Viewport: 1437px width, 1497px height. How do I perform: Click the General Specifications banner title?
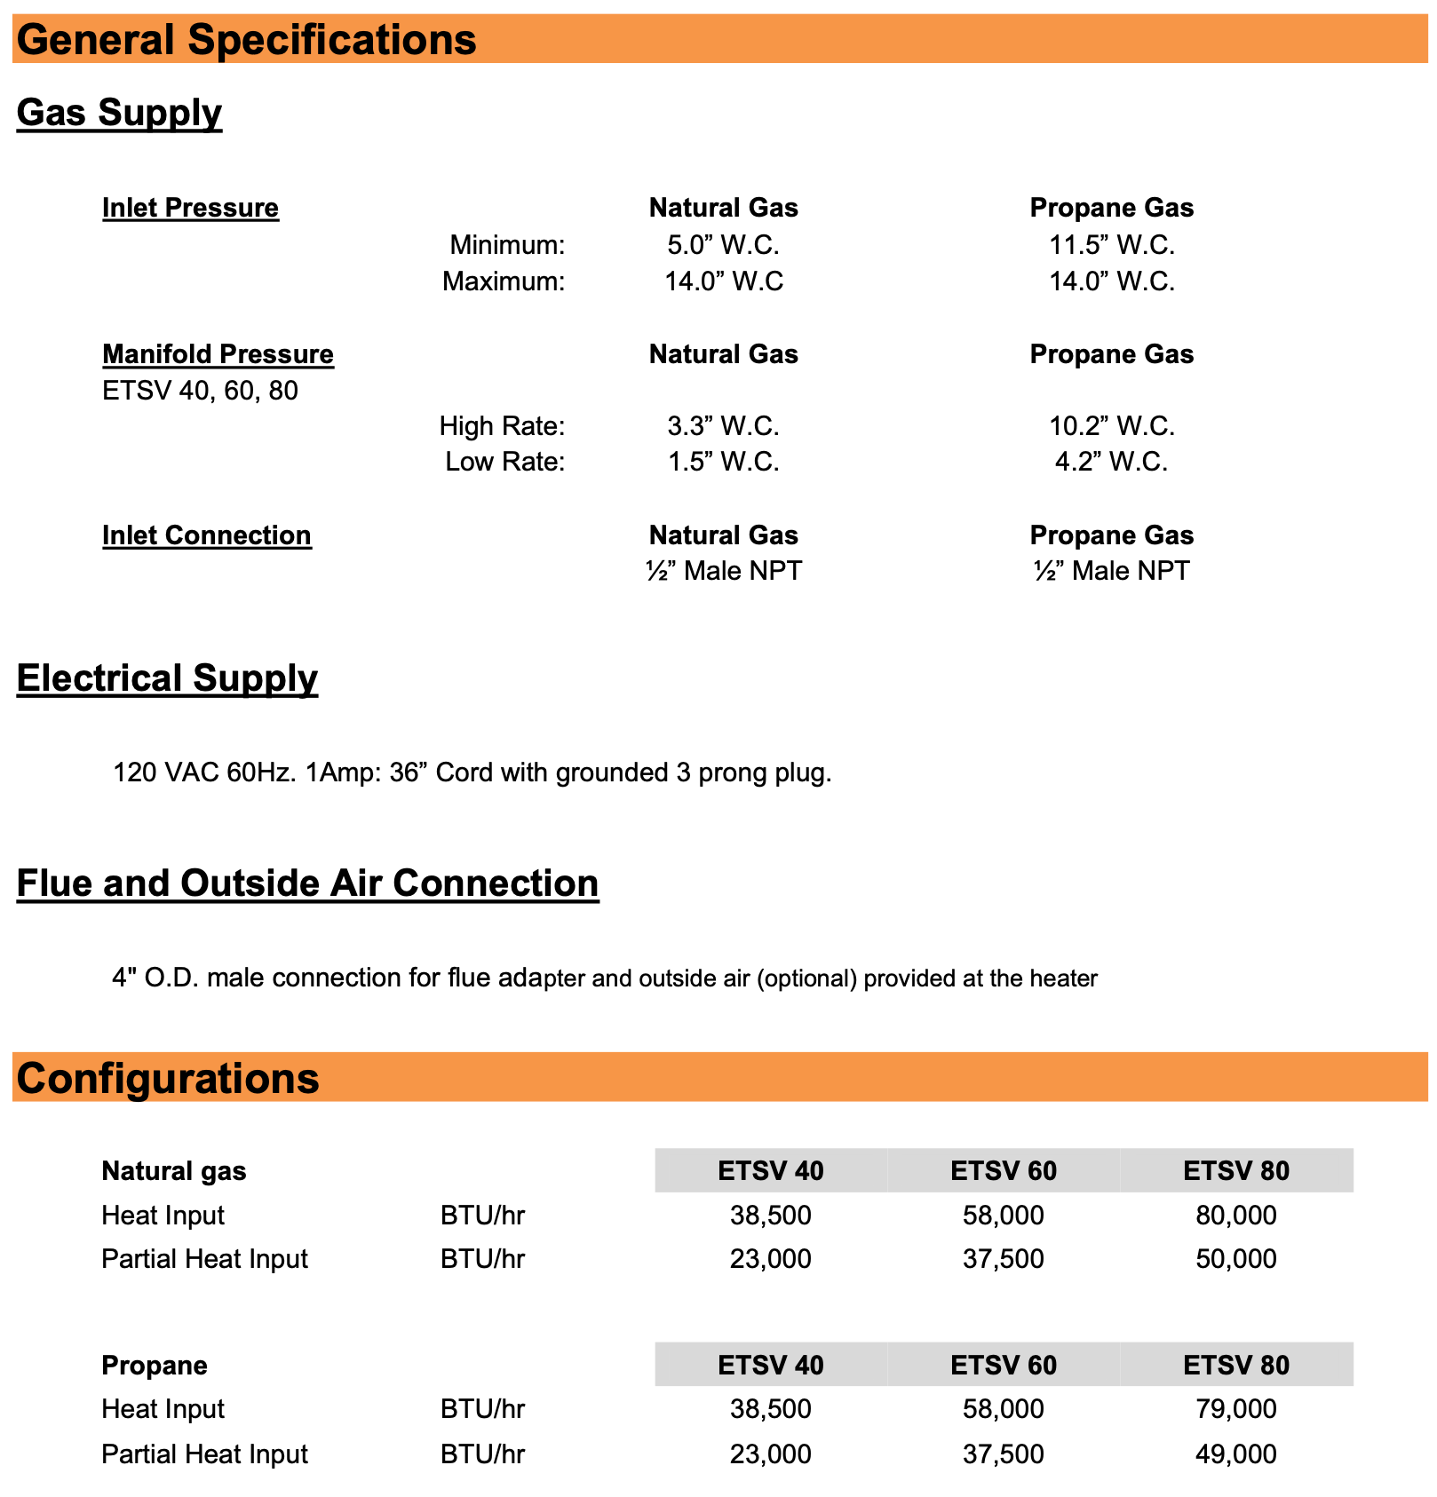point(246,40)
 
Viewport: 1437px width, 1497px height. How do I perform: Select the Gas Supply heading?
point(119,113)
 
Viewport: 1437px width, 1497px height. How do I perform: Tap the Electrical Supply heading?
point(167,677)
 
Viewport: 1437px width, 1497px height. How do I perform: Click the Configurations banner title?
point(168,1078)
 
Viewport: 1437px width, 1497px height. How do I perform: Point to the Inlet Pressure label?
point(190,208)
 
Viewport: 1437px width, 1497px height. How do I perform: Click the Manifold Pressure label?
point(218,354)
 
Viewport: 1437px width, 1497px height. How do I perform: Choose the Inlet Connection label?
point(206,535)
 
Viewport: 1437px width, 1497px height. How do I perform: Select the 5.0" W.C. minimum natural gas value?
point(723,244)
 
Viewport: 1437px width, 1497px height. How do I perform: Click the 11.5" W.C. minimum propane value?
point(1111,244)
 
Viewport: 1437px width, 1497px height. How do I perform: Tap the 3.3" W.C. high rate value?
point(723,426)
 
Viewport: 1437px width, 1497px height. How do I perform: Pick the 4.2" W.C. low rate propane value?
point(1111,462)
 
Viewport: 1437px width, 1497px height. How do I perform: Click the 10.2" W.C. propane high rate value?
point(1111,426)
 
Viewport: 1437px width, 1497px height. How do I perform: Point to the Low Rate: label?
point(504,462)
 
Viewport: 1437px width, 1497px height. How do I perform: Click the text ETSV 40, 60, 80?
point(200,391)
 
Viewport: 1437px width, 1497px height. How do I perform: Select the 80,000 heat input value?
point(1235,1215)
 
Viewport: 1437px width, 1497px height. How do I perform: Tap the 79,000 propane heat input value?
point(1235,1408)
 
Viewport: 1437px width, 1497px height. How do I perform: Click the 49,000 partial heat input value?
point(1235,1453)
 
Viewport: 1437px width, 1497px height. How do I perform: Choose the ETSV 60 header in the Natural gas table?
point(1004,1171)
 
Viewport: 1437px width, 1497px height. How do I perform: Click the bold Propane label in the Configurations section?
point(155,1365)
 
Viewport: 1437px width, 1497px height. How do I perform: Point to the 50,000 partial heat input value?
point(1235,1258)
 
